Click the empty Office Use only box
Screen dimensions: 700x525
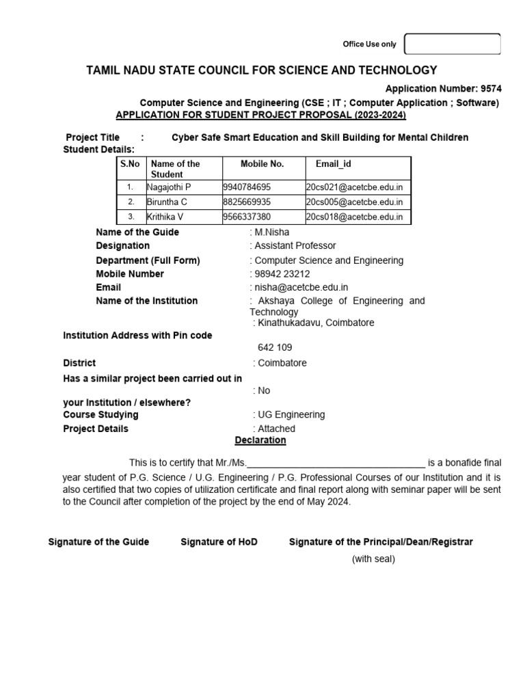point(453,44)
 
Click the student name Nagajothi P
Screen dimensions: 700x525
point(170,187)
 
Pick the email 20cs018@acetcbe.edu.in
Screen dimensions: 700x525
point(354,217)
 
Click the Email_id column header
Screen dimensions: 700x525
point(334,164)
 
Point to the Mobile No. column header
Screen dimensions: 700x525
point(262,164)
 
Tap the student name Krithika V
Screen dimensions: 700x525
point(165,217)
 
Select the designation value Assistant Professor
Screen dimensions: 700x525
point(295,245)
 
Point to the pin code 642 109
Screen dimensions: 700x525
point(275,347)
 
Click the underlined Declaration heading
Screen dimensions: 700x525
point(260,440)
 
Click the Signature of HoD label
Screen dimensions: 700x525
point(219,542)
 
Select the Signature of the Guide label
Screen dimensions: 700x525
point(98,542)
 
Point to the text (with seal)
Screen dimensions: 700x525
point(373,558)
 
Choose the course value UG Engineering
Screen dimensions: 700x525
point(291,414)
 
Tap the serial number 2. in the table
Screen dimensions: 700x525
point(131,202)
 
